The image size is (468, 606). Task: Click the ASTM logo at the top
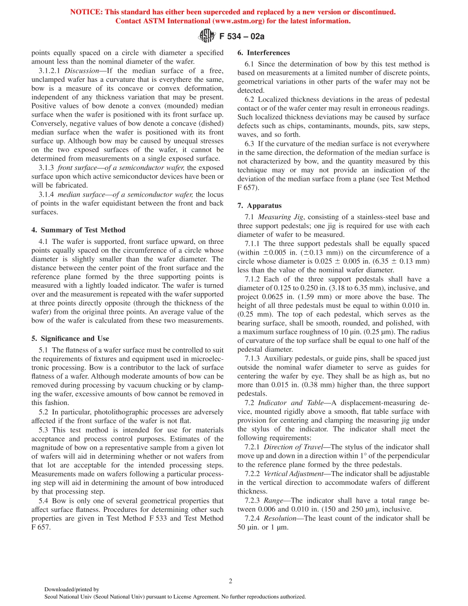[206, 35]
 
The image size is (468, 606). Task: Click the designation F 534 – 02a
[238, 36]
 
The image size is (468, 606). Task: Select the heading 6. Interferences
[264, 53]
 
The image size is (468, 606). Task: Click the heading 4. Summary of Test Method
[78, 230]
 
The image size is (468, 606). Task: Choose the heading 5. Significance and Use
[70, 338]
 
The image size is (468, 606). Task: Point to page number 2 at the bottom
[231, 581]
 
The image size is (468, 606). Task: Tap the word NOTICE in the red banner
[86, 12]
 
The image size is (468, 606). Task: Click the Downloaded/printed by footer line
[72, 589]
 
